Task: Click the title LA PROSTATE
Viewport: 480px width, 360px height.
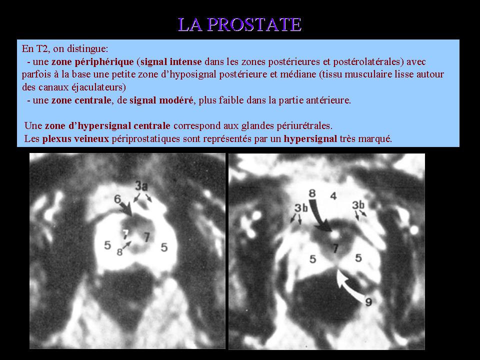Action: click(x=239, y=24)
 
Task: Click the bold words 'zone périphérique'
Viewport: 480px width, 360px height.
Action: click(x=92, y=62)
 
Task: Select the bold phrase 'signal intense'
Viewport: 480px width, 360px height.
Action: click(x=171, y=62)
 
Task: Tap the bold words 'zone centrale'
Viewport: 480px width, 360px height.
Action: click(x=81, y=100)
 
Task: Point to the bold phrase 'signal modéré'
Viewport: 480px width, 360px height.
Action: click(x=161, y=100)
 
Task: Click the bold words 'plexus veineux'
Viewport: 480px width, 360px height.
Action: click(x=75, y=138)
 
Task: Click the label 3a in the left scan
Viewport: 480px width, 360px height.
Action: click(x=141, y=185)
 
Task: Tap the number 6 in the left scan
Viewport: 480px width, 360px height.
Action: click(x=117, y=199)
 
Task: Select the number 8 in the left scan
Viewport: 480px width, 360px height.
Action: click(x=119, y=252)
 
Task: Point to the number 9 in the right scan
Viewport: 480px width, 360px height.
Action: click(x=369, y=302)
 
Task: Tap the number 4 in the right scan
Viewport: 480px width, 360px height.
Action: click(x=333, y=195)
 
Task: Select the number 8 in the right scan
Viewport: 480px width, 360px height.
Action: click(x=312, y=193)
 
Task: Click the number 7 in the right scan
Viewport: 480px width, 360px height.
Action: click(x=336, y=248)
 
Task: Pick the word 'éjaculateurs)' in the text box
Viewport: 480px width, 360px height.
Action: click(x=98, y=87)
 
